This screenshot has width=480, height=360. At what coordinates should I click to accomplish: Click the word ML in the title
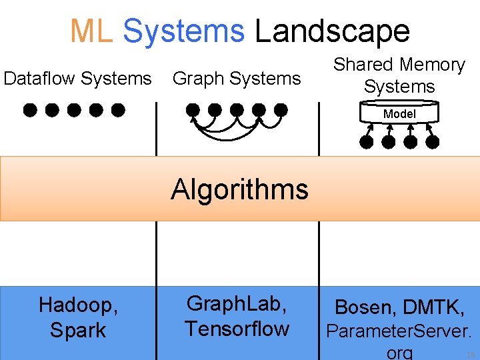point(91,31)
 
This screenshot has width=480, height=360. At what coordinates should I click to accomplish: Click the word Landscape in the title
point(332,31)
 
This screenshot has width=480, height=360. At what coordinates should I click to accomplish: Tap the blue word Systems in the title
point(184,31)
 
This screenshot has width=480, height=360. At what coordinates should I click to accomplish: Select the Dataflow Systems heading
point(77,79)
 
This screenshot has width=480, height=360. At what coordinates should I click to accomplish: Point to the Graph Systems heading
point(237,79)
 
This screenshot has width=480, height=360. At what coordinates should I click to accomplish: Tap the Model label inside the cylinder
point(399,114)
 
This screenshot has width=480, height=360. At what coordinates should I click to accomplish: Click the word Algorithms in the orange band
point(239,189)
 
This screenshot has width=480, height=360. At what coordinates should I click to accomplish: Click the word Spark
point(77,331)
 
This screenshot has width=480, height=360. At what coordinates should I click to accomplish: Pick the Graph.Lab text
point(237,304)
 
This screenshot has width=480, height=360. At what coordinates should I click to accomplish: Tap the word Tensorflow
point(237,329)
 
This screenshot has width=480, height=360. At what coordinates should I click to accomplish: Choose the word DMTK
point(433,307)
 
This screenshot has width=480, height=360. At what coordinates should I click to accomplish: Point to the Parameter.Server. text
point(399,331)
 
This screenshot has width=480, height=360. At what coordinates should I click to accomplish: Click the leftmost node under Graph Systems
point(193,109)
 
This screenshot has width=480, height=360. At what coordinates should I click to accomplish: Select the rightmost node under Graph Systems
point(281,109)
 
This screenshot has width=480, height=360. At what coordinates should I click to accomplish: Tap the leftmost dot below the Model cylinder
point(366,141)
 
